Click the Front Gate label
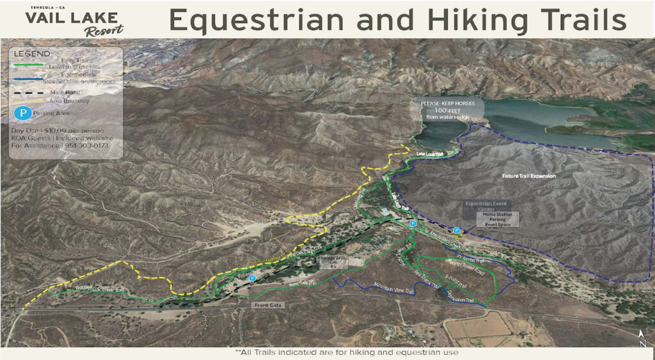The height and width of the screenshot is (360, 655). click(267, 305)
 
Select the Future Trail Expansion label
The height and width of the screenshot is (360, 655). click(528, 175)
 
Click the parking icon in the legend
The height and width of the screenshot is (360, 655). click(22, 113)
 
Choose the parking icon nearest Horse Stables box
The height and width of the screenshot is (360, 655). click(457, 230)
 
